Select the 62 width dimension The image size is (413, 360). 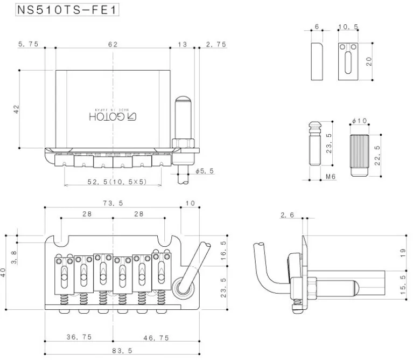113,45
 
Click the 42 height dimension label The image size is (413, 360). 17,110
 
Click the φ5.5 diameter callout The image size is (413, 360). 206,171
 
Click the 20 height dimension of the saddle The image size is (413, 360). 369,61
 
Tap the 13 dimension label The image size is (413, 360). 183,45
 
